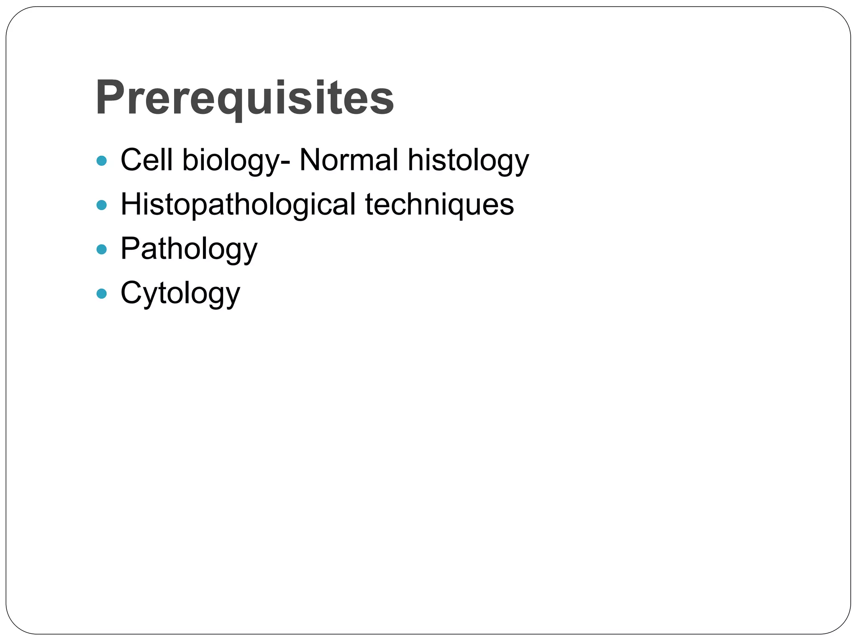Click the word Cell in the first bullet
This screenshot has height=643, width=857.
pyautogui.click(x=146, y=159)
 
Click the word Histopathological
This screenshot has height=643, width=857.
pyautogui.click(x=238, y=205)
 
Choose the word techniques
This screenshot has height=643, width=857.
pyautogui.click(x=439, y=205)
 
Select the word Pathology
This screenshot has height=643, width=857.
pyautogui.click(x=189, y=249)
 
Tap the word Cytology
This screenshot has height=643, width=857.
pyautogui.click(x=180, y=293)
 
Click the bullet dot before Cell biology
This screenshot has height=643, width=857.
pyautogui.click(x=102, y=160)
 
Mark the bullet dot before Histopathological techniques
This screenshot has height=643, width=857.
pyautogui.click(x=102, y=205)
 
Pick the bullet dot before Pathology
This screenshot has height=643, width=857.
pyautogui.click(x=102, y=249)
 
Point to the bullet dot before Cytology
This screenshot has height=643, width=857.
pyautogui.click(x=102, y=293)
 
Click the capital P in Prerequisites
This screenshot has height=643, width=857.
pyautogui.click(x=110, y=98)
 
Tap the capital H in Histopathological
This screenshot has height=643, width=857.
pyautogui.click(x=131, y=204)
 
